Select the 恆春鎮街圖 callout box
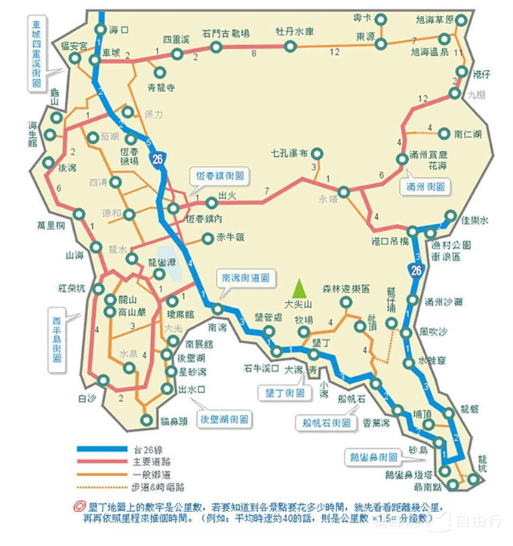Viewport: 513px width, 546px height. click(x=222, y=173)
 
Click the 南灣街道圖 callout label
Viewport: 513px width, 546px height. click(x=244, y=278)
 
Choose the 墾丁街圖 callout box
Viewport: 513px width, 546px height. click(x=285, y=393)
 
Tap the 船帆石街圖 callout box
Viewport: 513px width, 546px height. click(x=326, y=423)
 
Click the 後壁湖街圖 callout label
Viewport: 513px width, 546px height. click(x=226, y=418)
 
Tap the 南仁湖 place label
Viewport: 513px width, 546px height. click(x=468, y=133)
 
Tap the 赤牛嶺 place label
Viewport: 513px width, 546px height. click(x=230, y=240)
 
